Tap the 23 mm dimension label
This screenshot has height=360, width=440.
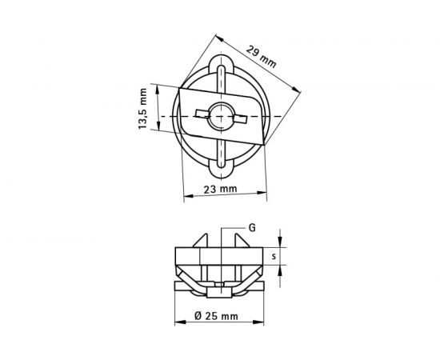(221, 190)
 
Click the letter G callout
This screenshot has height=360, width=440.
(251, 228)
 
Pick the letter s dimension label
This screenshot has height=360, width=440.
(274, 256)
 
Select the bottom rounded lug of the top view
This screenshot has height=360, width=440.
(221, 168)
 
